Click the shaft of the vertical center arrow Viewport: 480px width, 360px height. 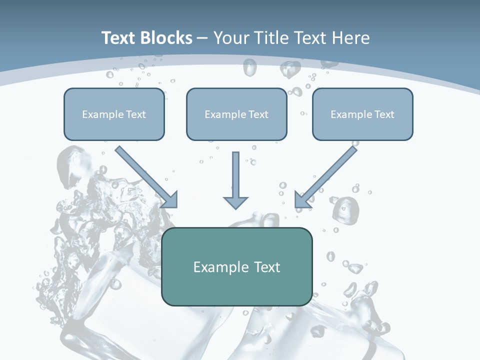(235, 172)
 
